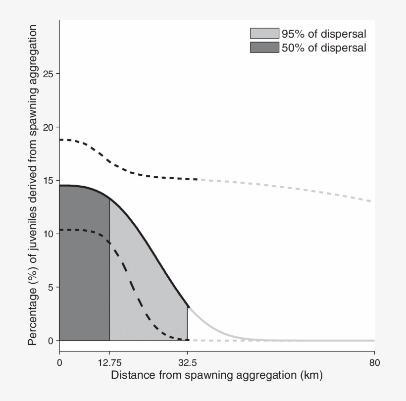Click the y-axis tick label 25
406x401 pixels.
click(x=48, y=74)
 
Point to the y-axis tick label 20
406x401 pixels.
click(x=48, y=127)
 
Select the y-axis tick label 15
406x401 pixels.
click(x=48, y=181)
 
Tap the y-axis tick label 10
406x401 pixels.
click(x=48, y=234)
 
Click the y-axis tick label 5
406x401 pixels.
click(x=50, y=287)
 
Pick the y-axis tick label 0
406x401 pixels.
click(x=50, y=341)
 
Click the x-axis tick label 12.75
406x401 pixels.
click(x=109, y=361)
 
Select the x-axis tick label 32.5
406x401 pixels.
click(x=187, y=361)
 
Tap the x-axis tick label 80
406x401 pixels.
click(x=374, y=361)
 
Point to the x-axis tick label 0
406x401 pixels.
click(x=59, y=361)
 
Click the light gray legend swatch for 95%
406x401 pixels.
click(x=264, y=34)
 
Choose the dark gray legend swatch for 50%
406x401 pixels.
click(x=264, y=48)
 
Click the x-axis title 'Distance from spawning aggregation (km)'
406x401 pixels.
click(x=217, y=375)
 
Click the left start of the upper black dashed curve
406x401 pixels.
click(x=60, y=140)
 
